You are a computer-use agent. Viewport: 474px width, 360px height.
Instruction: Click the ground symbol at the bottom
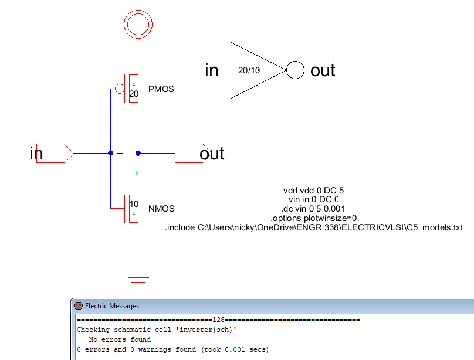138,273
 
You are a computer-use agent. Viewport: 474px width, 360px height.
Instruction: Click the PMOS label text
161,89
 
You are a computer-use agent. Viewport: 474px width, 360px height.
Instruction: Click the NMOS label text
161,209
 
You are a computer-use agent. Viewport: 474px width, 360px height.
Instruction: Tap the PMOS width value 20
134,94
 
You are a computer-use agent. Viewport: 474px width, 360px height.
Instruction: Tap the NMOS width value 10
134,204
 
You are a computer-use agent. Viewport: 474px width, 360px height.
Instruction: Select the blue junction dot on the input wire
111,154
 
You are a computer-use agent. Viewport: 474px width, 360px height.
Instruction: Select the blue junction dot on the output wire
138,154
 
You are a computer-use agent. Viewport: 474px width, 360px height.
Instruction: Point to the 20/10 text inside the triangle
249,70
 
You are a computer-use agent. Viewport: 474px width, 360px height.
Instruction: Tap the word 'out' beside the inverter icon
323,70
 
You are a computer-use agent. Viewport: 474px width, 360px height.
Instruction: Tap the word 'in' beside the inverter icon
212,70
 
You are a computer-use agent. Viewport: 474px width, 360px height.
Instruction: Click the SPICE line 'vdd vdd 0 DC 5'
313,191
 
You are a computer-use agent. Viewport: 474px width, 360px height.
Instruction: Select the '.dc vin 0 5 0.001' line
313,209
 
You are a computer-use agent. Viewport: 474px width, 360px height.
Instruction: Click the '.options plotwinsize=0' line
313,218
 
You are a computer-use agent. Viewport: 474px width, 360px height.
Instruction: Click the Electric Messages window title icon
78,305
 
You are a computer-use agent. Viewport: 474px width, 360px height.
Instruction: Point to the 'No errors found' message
120,339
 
